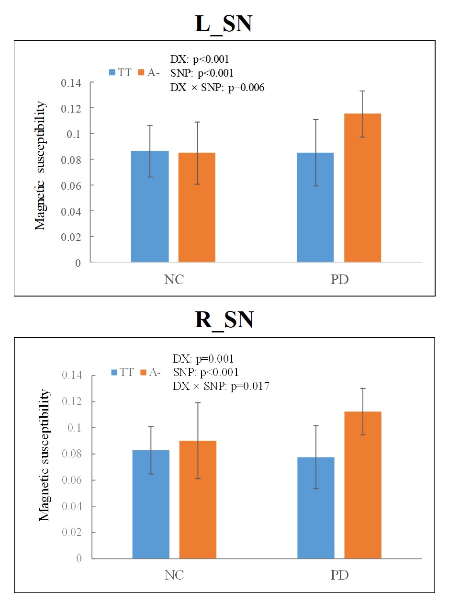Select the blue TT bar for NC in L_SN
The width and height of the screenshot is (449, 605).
(150, 206)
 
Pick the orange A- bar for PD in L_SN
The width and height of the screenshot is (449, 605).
(362, 188)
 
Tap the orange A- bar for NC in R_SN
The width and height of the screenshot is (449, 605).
(198, 499)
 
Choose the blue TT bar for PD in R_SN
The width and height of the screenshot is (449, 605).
(316, 508)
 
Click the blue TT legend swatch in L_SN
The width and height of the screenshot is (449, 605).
(112, 72)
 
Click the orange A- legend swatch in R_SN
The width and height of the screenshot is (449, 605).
(143, 372)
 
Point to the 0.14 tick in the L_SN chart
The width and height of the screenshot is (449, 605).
(71, 82)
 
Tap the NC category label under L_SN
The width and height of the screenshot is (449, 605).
(174, 279)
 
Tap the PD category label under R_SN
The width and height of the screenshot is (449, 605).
(339, 575)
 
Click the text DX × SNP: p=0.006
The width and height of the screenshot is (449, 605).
(217, 87)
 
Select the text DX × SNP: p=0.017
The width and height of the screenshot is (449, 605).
(221, 386)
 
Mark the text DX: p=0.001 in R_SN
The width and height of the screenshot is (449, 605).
(203, 359)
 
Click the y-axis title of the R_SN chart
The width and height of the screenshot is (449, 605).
(44, 455)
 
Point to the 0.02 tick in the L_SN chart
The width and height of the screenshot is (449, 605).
(71, 237)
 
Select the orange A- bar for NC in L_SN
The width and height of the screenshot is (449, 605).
(197, 207)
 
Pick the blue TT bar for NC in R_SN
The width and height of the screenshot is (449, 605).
(151, 504)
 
